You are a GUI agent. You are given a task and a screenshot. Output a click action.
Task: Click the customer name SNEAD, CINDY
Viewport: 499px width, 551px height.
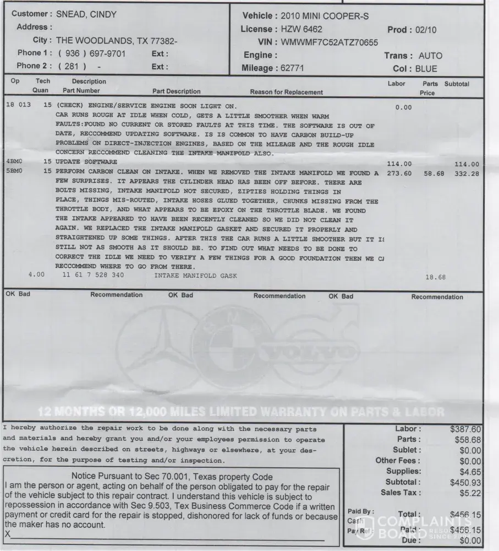click(86, 14)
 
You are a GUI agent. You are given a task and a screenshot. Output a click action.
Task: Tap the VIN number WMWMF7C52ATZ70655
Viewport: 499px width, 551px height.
click(330, 42)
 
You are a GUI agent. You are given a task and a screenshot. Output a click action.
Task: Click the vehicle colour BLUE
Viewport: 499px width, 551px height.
click(426, 69)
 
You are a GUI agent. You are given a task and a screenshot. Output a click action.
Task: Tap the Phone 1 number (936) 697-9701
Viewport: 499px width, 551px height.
click(92, 53)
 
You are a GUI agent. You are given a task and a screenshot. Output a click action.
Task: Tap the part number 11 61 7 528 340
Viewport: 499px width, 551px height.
click(94, 275)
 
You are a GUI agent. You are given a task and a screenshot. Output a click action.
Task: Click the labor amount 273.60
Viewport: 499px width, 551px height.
click(399, 174)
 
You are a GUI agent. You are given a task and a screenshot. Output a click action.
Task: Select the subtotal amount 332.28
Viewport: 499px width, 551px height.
click(467, 174)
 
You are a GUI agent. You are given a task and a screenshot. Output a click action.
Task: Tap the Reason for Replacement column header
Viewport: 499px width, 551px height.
click(286, 92)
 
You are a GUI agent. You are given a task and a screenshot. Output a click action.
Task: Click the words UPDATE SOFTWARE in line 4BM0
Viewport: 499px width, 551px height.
click(86, 162)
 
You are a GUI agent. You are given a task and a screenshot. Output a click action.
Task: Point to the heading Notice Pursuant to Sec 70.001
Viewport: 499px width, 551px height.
click(172, 476)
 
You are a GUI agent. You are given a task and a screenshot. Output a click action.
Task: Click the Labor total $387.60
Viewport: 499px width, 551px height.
click(465, 429)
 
